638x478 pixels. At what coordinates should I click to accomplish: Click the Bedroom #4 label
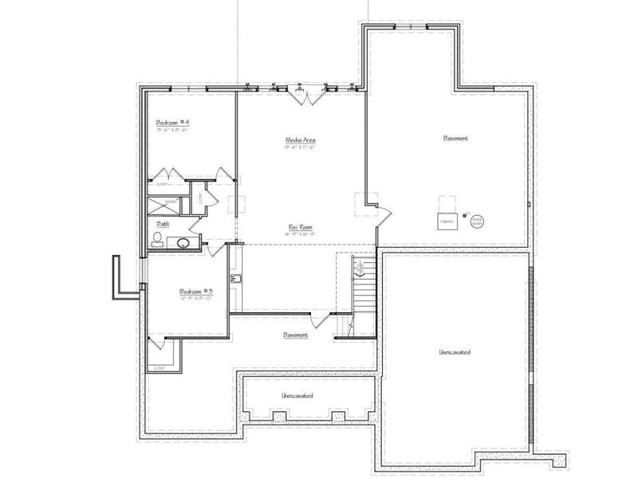(171, 122)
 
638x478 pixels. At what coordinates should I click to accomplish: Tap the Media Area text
(301, 139)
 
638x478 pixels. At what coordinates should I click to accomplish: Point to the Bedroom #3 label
(195, 292)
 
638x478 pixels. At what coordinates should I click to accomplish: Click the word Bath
(163, 224)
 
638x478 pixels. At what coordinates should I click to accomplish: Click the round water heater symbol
(477, 220)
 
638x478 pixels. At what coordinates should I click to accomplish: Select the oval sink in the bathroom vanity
(183, 243)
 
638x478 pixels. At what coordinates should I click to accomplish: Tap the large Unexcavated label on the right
(453, 351)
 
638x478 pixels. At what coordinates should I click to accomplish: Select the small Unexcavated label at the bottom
(297, 396)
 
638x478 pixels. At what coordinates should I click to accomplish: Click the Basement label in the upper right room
(455, 138)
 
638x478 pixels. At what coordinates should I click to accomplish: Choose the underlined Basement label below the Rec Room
(296, 335)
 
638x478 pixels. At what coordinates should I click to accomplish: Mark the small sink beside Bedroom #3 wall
(236, 279)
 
